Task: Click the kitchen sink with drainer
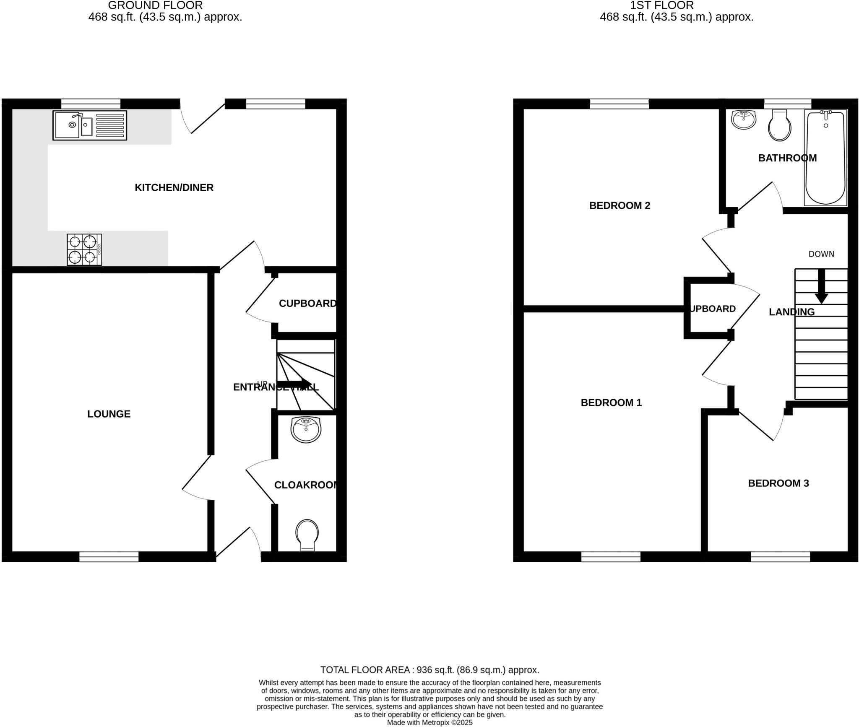[89, 125]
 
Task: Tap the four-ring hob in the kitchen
[84, 249]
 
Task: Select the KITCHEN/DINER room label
[174, 187]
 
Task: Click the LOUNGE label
[109, 414]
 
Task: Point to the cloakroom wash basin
[306, 430]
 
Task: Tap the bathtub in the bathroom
[825, 158]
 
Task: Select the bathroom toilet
[779, 126]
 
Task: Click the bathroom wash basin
[743, 119]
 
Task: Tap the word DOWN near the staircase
[821, 254]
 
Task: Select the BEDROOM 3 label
[778, 483]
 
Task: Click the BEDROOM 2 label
[620, 205]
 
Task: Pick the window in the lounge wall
[109, 556]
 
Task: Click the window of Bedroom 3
[780, 556]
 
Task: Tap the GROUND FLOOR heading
[155, 5]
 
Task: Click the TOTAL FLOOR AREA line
[429, 670]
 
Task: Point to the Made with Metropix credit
[429, 723]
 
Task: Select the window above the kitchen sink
[91, 104]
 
